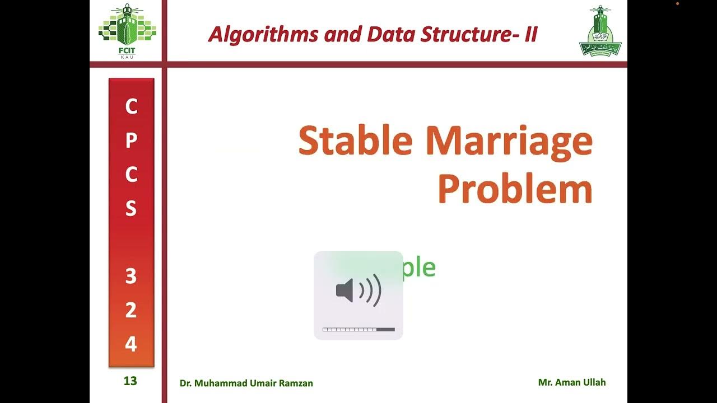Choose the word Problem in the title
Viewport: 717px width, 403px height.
[x=515, y=189]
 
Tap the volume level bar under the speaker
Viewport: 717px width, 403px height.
[x=358, y=330]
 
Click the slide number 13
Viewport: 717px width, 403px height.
[x=130, y=381]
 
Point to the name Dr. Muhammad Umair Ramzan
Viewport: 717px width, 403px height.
[x=246, y=383]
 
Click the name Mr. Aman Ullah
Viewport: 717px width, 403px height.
[x=572, y=383]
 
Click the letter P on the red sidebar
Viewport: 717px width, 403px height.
[x=131, y=140]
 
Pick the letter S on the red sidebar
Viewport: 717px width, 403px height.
[x=131, y=209]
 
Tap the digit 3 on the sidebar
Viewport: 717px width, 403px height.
[x=131, y=277]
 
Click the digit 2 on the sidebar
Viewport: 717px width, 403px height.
[x=131, y=311]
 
